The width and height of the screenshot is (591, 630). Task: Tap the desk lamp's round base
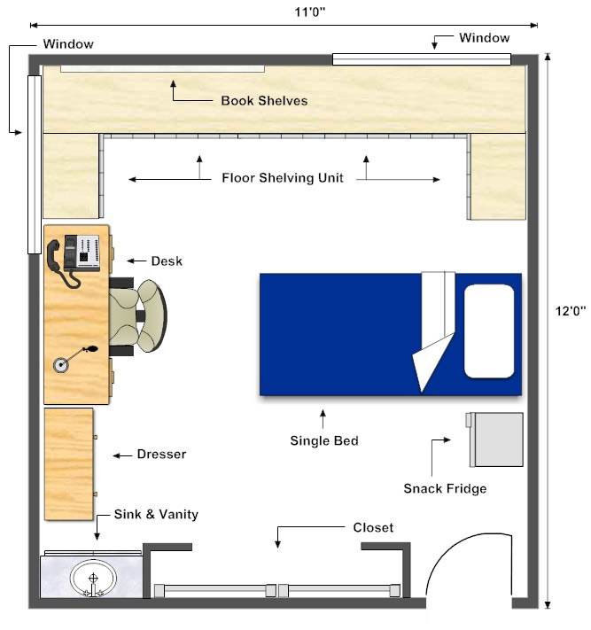(x=60, y=365)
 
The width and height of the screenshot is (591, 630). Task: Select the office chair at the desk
(x=138, y=316)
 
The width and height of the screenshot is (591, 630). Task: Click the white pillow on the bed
(x=489, y=331)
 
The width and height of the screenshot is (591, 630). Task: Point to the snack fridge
(x=494, y=439)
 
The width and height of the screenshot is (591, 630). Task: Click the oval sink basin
(x=93, y=579)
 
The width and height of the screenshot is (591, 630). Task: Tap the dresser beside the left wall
(x=69, y=464)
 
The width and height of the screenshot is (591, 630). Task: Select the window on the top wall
(x=422, y=59)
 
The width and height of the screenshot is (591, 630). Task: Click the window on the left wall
(x=35, y=165)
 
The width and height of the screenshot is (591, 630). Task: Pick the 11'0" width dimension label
(x=310, y=12)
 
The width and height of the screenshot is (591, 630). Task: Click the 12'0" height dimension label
(x=571, y=311)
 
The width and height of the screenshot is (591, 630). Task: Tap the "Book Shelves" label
(x=264, y=100)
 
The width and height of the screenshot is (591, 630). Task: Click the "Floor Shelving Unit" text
(x=283, y=177)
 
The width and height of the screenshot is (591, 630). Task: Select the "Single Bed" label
(x=324, y=440)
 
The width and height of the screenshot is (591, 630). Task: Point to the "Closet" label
(x=373, y=527)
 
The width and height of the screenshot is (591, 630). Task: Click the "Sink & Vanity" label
(x=156, y=514)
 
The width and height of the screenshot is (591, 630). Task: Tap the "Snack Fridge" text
(x=445, y=488)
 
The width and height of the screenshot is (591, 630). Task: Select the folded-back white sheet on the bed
(x=434, y=330)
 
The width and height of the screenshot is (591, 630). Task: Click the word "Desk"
(x=167, y=261)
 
